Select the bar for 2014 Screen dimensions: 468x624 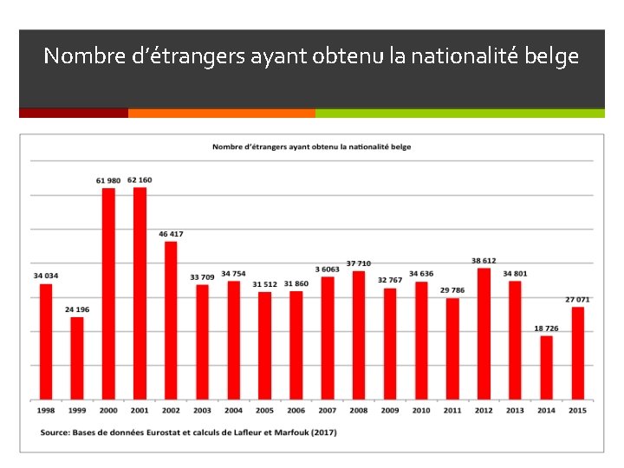546,367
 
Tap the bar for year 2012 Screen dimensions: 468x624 484,334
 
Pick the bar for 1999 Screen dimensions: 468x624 77,358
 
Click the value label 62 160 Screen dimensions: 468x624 140,180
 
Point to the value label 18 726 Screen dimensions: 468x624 546,328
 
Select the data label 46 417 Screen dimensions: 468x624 171,234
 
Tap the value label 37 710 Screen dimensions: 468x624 359,263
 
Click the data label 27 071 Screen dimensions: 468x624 577,299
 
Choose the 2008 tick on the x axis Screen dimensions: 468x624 359,410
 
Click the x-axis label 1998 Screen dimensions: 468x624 46,410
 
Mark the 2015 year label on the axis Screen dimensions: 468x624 577,410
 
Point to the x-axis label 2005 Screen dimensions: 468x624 264,410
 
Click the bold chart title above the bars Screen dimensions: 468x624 312,147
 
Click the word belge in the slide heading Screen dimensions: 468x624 553,57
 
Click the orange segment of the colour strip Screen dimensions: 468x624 221,113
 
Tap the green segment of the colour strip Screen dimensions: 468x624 459,113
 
